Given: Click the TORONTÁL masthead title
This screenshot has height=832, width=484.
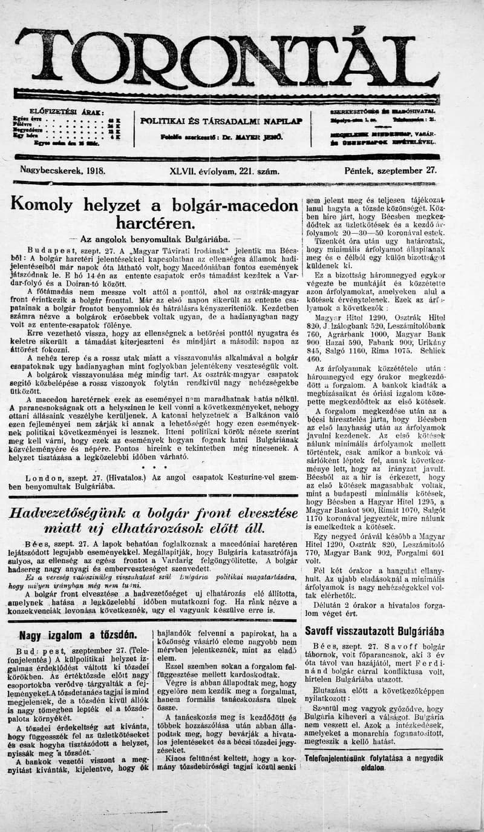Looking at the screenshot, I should (x=227, y=59).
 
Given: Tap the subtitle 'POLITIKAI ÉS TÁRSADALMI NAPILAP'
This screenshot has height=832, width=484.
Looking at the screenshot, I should (x=221, y=121).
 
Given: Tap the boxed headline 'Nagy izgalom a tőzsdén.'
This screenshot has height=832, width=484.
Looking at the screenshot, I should (x=77, y=635).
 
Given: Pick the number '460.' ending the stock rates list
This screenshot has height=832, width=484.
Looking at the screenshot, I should (x=314, y=358).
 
